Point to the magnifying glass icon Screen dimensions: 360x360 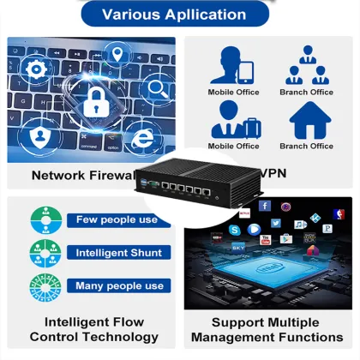(x=158, y=87)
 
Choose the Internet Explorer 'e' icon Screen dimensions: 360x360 (x=144, y=136)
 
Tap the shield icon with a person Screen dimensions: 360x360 (x=40, y=135)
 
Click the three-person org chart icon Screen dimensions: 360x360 (x=306, y=64)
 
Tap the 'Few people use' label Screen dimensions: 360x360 (x=117, y=219)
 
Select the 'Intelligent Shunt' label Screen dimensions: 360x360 (x=117, y=253)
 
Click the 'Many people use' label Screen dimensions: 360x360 (x=117, y=285)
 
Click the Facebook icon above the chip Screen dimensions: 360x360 (x=265, y=206)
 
